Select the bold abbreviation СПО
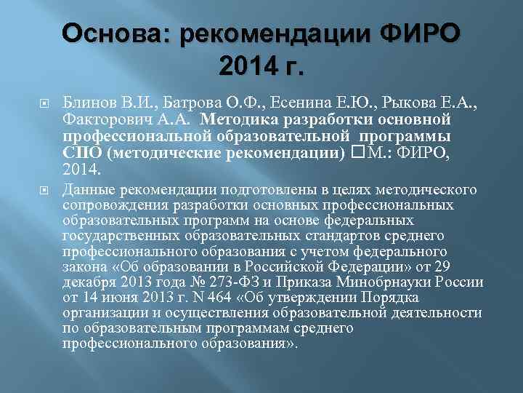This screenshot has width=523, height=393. coord(81,153)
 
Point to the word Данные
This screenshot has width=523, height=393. coord(88,190)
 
